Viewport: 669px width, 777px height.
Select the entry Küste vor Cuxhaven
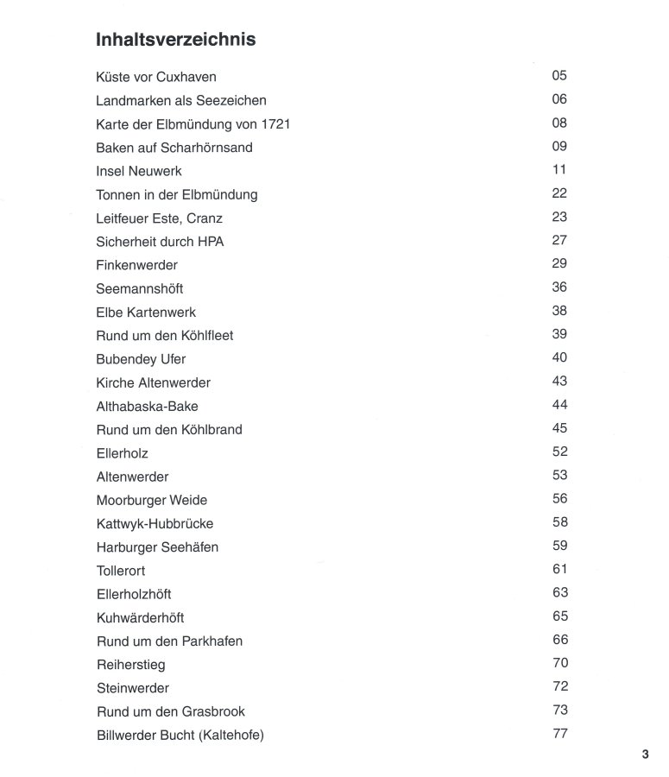[x=156, y=77]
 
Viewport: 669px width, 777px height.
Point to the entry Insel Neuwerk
[x=139, y=171]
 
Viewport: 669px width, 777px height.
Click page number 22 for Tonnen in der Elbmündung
[x=559, y=193]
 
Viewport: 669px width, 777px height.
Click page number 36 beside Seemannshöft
[x=559, y=287]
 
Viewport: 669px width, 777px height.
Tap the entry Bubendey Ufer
[x=141, y=359]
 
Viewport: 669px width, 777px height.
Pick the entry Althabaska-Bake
[x=148, y=406]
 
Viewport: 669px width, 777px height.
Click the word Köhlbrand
[x=212, y=429]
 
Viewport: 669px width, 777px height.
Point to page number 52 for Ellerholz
[x=559, y=452]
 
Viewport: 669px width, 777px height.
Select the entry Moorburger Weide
[x=152, y=500]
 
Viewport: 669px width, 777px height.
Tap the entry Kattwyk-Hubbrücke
[x=155, y=523]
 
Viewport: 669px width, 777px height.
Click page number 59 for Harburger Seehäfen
[x=559, y=546]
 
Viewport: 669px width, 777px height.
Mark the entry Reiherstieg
[x=131, y=665]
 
